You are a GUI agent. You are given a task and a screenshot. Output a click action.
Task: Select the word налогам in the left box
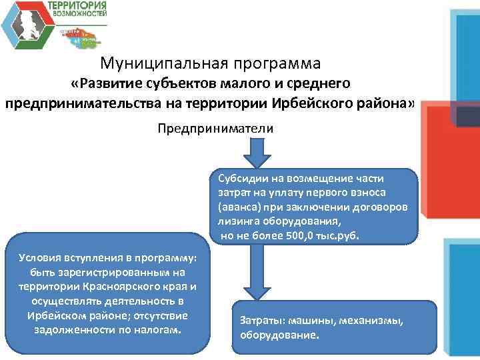point(157,329)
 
